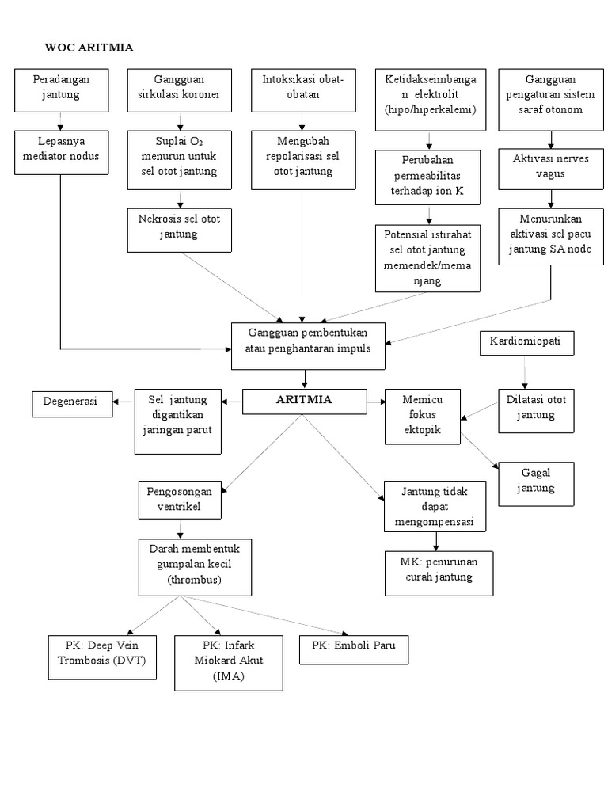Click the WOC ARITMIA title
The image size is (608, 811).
point(89,48)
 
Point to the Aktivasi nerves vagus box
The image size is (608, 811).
point(551,167)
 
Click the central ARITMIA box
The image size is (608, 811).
point(304,401)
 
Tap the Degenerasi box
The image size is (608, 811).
point(70,402)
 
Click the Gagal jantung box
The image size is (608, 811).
point(537,481)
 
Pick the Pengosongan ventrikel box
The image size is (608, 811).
point(180,499)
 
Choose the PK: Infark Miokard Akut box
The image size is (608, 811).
point(229,661)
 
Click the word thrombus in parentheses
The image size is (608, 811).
point(195,581)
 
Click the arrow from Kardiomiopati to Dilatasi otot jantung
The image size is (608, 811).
point(522,372)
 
